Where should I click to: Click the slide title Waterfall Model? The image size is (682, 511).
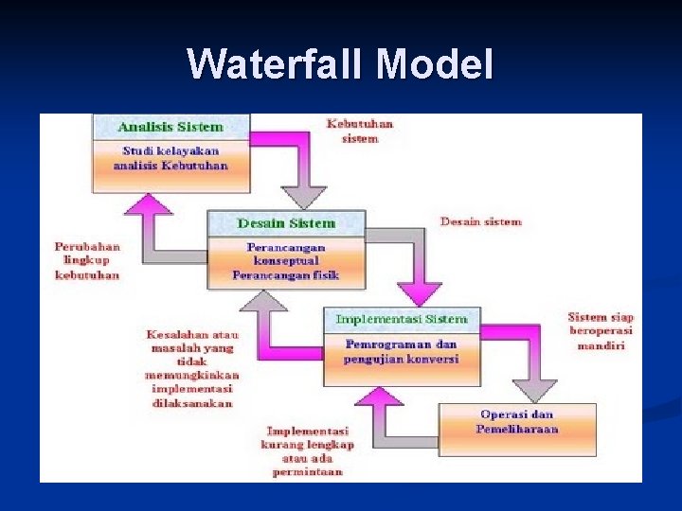coord(340,64)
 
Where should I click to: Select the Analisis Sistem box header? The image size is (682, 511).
coord(170,127)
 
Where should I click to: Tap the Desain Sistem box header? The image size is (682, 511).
coord(286,224)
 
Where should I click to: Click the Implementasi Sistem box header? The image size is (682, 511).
coord(402,319)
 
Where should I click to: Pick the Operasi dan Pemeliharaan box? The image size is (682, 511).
coord(517,422)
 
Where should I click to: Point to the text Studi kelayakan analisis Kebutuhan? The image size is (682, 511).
coord(170,158)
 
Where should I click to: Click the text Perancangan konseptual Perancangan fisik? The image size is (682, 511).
coord(286,261)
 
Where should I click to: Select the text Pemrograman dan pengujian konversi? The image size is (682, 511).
coord(402,352)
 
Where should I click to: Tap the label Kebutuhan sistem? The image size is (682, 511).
coord(360,131)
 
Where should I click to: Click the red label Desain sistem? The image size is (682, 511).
coord(481,222)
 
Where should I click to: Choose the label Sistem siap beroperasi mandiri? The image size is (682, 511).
coord(601,331)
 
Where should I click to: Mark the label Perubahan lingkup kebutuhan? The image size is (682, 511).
coord(87,260)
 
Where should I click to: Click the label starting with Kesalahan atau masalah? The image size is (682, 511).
coord(192,368)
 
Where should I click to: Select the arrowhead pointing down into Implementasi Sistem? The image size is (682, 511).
coord(420,292)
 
